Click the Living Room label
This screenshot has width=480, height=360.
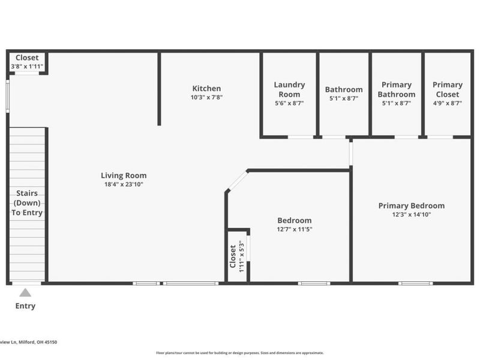(x=124, y=176)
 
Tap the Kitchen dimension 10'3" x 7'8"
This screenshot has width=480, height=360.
(x=206, y=97)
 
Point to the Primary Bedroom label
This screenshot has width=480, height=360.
(x=411, y=206)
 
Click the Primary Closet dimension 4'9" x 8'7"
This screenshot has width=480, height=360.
(x=447, y=103)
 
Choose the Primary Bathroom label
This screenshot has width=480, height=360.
(x=396, y=89)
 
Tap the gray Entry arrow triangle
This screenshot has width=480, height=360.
(x=25, y=293)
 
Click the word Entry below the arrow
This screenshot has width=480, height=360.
(x=25, y=306)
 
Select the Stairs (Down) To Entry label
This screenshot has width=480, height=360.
(x=27, y=203)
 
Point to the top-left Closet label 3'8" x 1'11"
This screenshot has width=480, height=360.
(x=27, y=58)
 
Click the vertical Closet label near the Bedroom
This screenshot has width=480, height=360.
(x=233, y=256)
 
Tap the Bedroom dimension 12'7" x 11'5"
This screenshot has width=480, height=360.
(x=294, y=229)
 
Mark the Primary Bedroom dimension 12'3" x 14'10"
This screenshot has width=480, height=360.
(x=411, y=214)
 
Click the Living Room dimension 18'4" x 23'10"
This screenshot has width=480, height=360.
(x=124, y=184)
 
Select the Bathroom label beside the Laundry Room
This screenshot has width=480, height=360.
(x=344, y=90)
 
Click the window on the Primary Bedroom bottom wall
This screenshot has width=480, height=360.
(x=415, y=283)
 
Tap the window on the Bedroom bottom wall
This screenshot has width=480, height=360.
(x=313, y=283)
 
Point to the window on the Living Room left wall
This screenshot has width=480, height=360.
(x=8, y=96)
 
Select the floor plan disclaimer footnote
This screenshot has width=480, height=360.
(x=240, y=353)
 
